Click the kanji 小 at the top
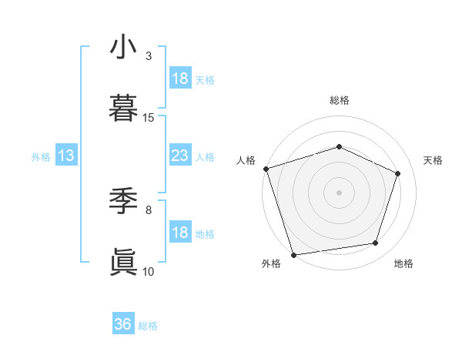(x=123, y=47)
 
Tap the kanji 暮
(x=123, y=109)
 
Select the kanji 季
(x=123, y=201)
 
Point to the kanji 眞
(x=123, y=263)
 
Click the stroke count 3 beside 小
(x=149, y=56)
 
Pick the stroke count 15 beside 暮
(x=149, y=118)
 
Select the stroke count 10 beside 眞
(x=149, y=271)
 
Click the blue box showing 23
(x=179, y=156)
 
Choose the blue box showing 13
(x=66, y=156)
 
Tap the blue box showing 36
(x=123, y=324)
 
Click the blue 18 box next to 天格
(x=179, y=78)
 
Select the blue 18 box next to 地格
(x=179, y=233)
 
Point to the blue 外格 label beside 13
(x=41, y=156)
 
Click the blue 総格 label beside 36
(x=148, y=326)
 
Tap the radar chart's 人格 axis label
(x=246, y=160)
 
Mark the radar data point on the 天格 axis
(x=398, y=173)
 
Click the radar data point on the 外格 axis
(x=293, y=254)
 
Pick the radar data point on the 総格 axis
(x=339, y=146)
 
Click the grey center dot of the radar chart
(x=339, y=192)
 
